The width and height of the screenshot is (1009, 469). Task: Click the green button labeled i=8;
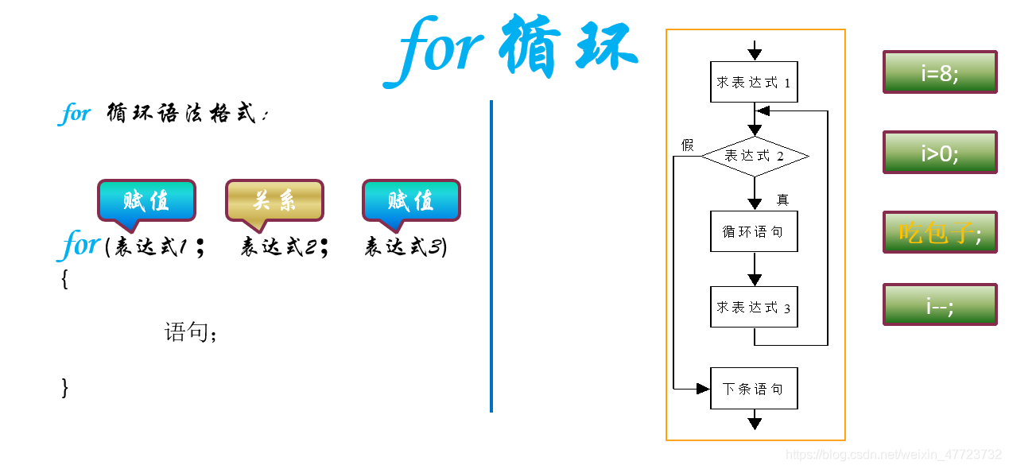point(939,72)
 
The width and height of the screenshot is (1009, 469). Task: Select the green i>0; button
point(939,153)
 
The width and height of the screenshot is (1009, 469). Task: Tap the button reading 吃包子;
point(939,232)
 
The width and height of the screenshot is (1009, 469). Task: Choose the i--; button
point(939,304)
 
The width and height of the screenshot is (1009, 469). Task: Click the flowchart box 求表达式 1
point(753,82)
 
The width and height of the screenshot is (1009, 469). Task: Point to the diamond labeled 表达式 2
point(754,156)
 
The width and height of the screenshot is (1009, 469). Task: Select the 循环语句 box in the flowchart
point(753,231)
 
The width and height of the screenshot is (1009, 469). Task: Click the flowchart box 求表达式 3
point(753,307)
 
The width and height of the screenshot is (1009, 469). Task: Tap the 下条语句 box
point(753,389)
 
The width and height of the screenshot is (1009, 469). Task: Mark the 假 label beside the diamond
point(687,145)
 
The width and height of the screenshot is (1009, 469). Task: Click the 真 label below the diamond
point(782,200)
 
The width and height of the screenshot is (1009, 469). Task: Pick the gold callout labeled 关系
point(274,200)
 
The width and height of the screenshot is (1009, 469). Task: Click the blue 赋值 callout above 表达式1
point(146,200)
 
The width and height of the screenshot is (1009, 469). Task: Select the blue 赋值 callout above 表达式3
point(411,200)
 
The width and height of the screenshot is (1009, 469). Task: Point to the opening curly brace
point(64,279)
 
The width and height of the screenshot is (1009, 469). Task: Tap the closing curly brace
point(64,387)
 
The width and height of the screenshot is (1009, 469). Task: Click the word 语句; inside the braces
point(191,331)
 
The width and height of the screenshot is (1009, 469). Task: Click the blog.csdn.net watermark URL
point(893,455)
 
